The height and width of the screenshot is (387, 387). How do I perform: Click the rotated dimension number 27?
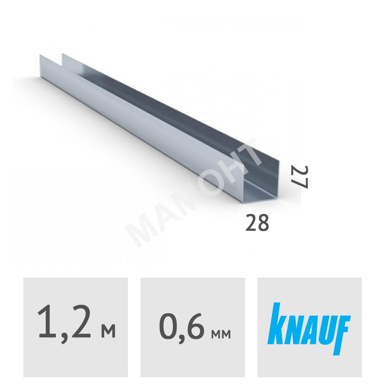pyautogui.click(x=299, y=177)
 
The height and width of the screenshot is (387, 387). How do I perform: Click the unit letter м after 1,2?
pyautogui.click(x=108, y=331)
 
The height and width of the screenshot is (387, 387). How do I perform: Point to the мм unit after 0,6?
pyautogui.click(x=221, y=334)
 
